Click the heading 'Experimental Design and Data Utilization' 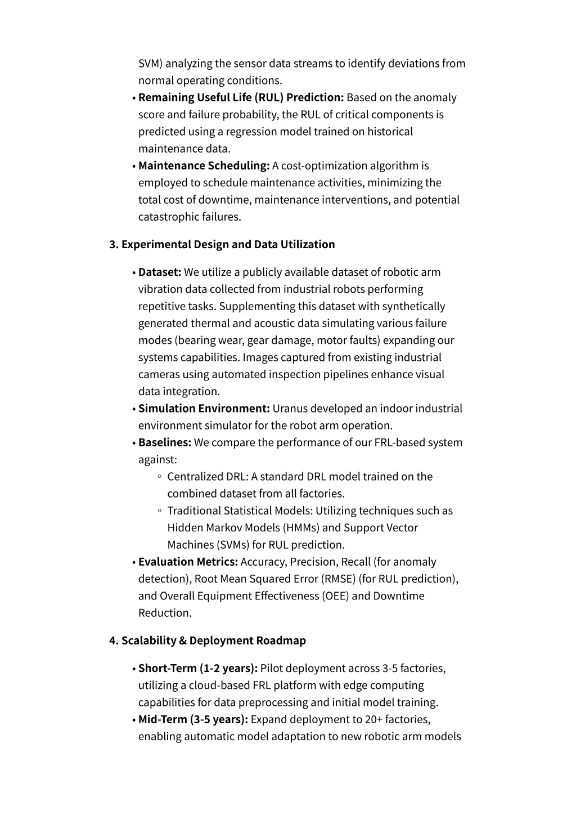[x=228, y=244]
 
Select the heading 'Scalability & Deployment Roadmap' [x=214, y=641]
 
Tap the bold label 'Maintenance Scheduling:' [x=204, y=165]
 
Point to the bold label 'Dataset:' [x=160, y=272]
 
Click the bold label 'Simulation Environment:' [x=204, y=409]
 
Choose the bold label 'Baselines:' [x=165, y=442]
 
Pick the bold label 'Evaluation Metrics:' [x=188, y=562]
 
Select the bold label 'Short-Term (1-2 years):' [x=197, y=668]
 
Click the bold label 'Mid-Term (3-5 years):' [x=193, y=719]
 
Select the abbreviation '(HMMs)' [x=302, y=528]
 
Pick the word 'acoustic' [x=274, y=323]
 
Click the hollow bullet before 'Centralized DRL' [x=160, y=477]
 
